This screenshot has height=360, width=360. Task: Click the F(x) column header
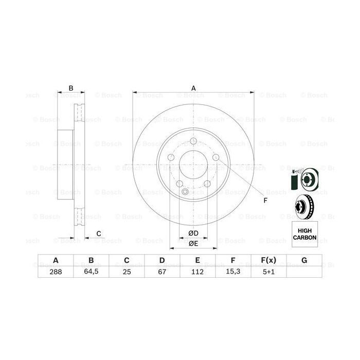(x=269, y=261)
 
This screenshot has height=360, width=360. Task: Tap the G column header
(x=304, y=261)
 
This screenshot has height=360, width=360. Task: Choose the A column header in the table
(x=55, y=261)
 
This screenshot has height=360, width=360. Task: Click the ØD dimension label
(x=193, y=233)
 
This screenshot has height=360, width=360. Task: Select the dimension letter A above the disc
(x=193, y=88)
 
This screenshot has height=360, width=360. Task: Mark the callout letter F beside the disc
(x=265, y=200)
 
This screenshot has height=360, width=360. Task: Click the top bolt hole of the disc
(x=193, y=142)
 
